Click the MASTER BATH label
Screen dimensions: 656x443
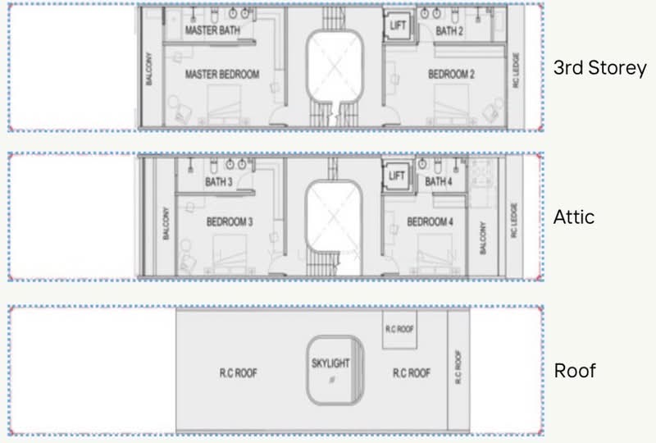[212, 30]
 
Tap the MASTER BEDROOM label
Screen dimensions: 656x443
[222, 74]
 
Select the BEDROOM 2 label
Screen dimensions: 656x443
[452, 74]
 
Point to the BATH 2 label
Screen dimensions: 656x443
[449, 30]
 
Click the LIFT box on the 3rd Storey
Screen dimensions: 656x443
[399, 25]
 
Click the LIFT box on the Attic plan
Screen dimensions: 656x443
[397, 175]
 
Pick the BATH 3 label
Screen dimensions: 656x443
[218, 182]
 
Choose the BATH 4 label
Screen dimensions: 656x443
[439, 181]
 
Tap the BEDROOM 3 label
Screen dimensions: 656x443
[230, 221]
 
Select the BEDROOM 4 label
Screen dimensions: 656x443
[430, 221]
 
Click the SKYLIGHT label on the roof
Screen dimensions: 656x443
[330, 363]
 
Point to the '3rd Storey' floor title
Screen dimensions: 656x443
[600, 67]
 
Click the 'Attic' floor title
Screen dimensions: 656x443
[574, 217]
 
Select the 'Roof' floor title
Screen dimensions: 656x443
[575, 371]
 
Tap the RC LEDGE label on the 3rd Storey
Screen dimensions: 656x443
[516, 70]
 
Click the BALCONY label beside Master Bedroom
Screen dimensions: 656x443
[149, 69]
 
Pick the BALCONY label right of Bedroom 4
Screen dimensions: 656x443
[483, 238]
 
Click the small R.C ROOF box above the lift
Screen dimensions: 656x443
[399, 330]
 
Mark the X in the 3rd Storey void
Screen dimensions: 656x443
[334, 67]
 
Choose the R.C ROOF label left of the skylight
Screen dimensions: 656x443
[239, 372]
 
